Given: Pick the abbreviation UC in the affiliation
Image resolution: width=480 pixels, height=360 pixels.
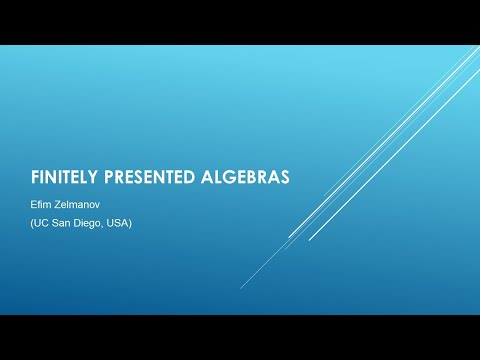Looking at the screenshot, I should (46, 222).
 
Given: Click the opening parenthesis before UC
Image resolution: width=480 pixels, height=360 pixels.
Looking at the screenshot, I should (35, 222).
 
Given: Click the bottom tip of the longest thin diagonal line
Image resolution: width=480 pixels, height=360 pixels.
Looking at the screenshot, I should (241, 287).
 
